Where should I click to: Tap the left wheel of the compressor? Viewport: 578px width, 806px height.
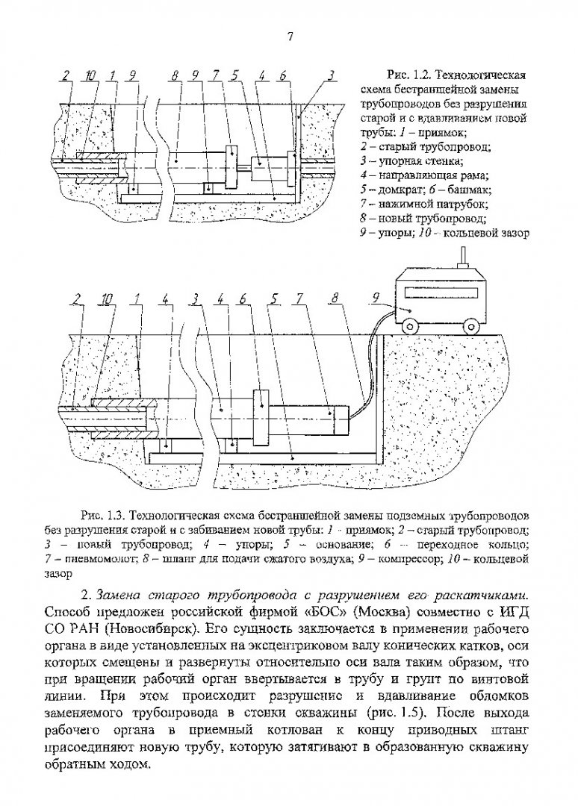[x=409, y=325]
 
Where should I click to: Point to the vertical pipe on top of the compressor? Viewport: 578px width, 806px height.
[x=461, y=258]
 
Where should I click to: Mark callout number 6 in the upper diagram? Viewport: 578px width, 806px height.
[x=283, y=75]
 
